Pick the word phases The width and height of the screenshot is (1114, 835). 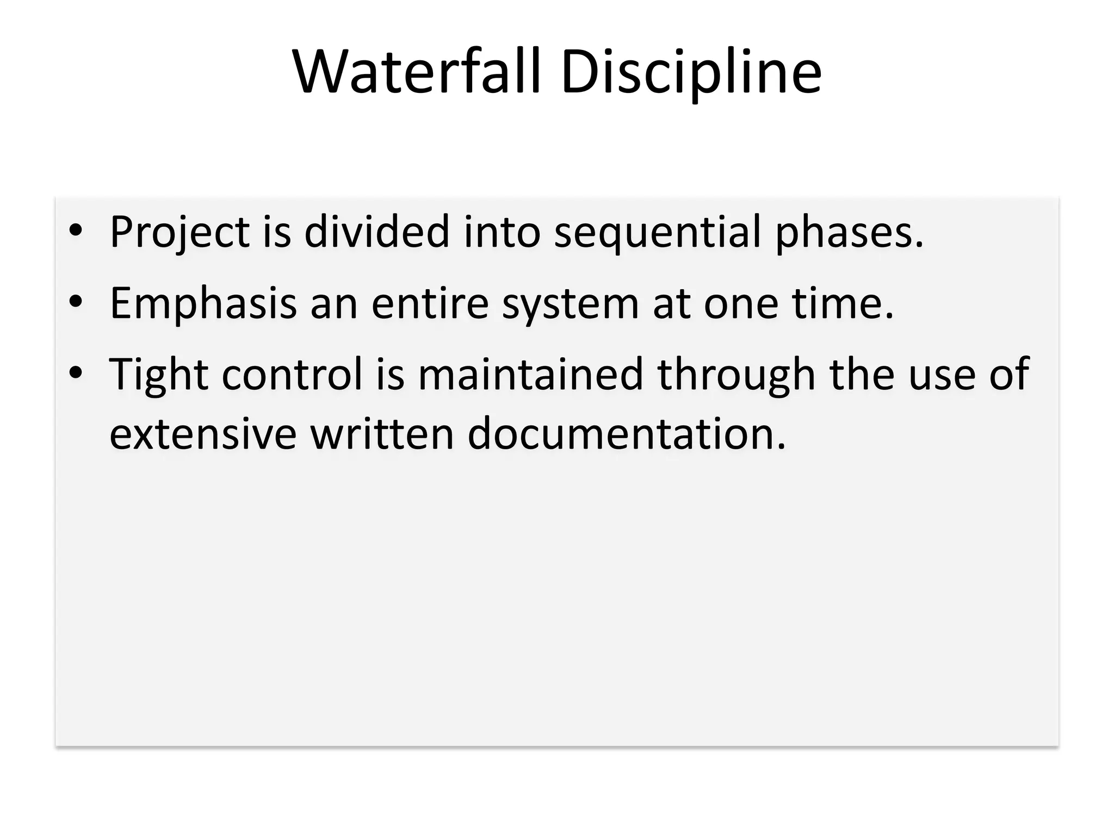[849, 232]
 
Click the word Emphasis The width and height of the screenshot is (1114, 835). [203, 303]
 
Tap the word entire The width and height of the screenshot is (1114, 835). [430, 303]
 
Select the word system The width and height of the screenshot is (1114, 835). [570, 303]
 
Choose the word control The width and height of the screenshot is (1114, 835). [292, 375]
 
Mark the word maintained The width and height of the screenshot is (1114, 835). [530, 375]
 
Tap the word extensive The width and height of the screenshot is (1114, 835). [203, 434]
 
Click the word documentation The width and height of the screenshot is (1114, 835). [626, 434]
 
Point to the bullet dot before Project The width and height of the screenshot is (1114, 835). [76, 231]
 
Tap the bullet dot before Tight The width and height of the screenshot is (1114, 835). [76, 373]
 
